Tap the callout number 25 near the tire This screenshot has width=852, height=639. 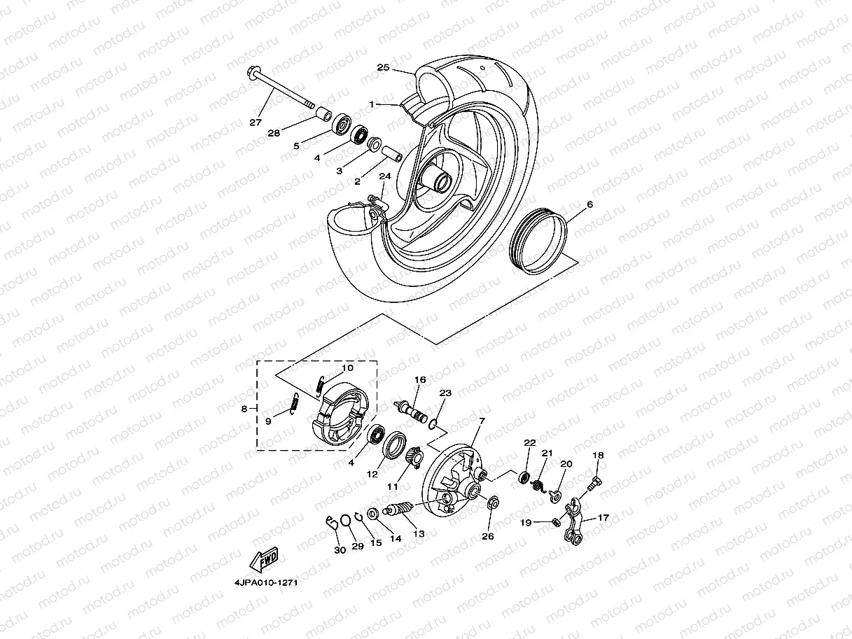coord(383,68)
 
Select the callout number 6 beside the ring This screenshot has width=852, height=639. coord(589,204)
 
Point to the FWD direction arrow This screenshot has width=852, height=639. coord(264,559)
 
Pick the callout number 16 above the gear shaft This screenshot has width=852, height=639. coord(419,380)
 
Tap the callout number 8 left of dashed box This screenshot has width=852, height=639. coord(244,409)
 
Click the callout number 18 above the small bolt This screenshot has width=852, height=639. coord(598,456)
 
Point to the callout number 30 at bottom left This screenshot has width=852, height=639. coord(340,550)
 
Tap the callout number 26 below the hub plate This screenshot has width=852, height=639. coord(487,536)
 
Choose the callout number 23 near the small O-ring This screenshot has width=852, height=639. coord(445,393)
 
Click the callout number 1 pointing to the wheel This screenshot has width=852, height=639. coord(374,104)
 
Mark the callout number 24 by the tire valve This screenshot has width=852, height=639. coord(384,176)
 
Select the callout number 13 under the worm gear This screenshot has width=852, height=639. coord(419,533)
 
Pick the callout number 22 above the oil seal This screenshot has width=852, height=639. coord(529,442)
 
